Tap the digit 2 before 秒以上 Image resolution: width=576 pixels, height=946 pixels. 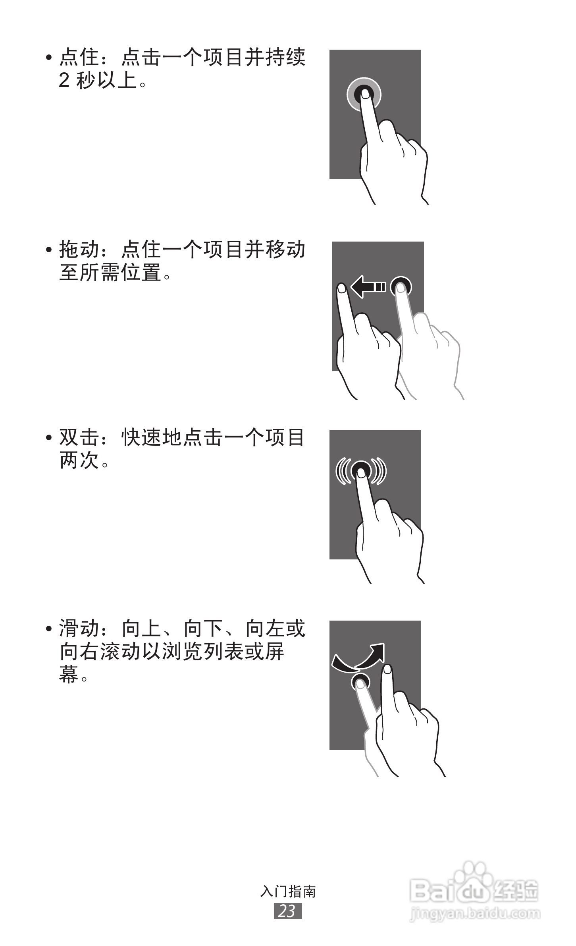point(64,81)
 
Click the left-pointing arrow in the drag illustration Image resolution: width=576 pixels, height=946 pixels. point(368,286)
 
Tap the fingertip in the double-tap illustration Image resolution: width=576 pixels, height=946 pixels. point(361,472)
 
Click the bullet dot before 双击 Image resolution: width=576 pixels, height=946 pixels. point(49,438)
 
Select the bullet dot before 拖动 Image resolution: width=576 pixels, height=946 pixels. point(49,250)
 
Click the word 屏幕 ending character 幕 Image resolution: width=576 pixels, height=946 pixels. point(69,675)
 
